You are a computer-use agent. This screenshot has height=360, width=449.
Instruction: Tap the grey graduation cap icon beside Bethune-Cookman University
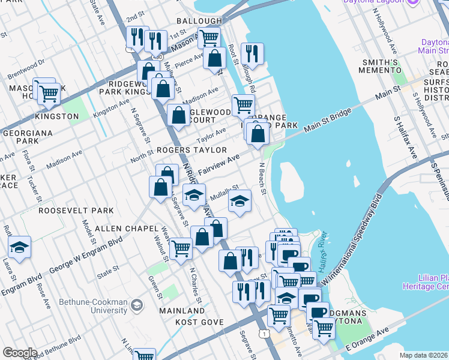click(x=137, y=306)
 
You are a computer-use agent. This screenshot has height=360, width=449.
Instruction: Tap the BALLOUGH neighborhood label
click(x=199, y=21)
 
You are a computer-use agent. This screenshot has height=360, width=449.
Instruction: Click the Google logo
click(x=20, y=352)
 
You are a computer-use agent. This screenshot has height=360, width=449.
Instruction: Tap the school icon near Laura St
click(x=19, y=247)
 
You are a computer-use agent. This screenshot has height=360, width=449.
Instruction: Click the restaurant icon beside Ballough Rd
click(x=252, y=53)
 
